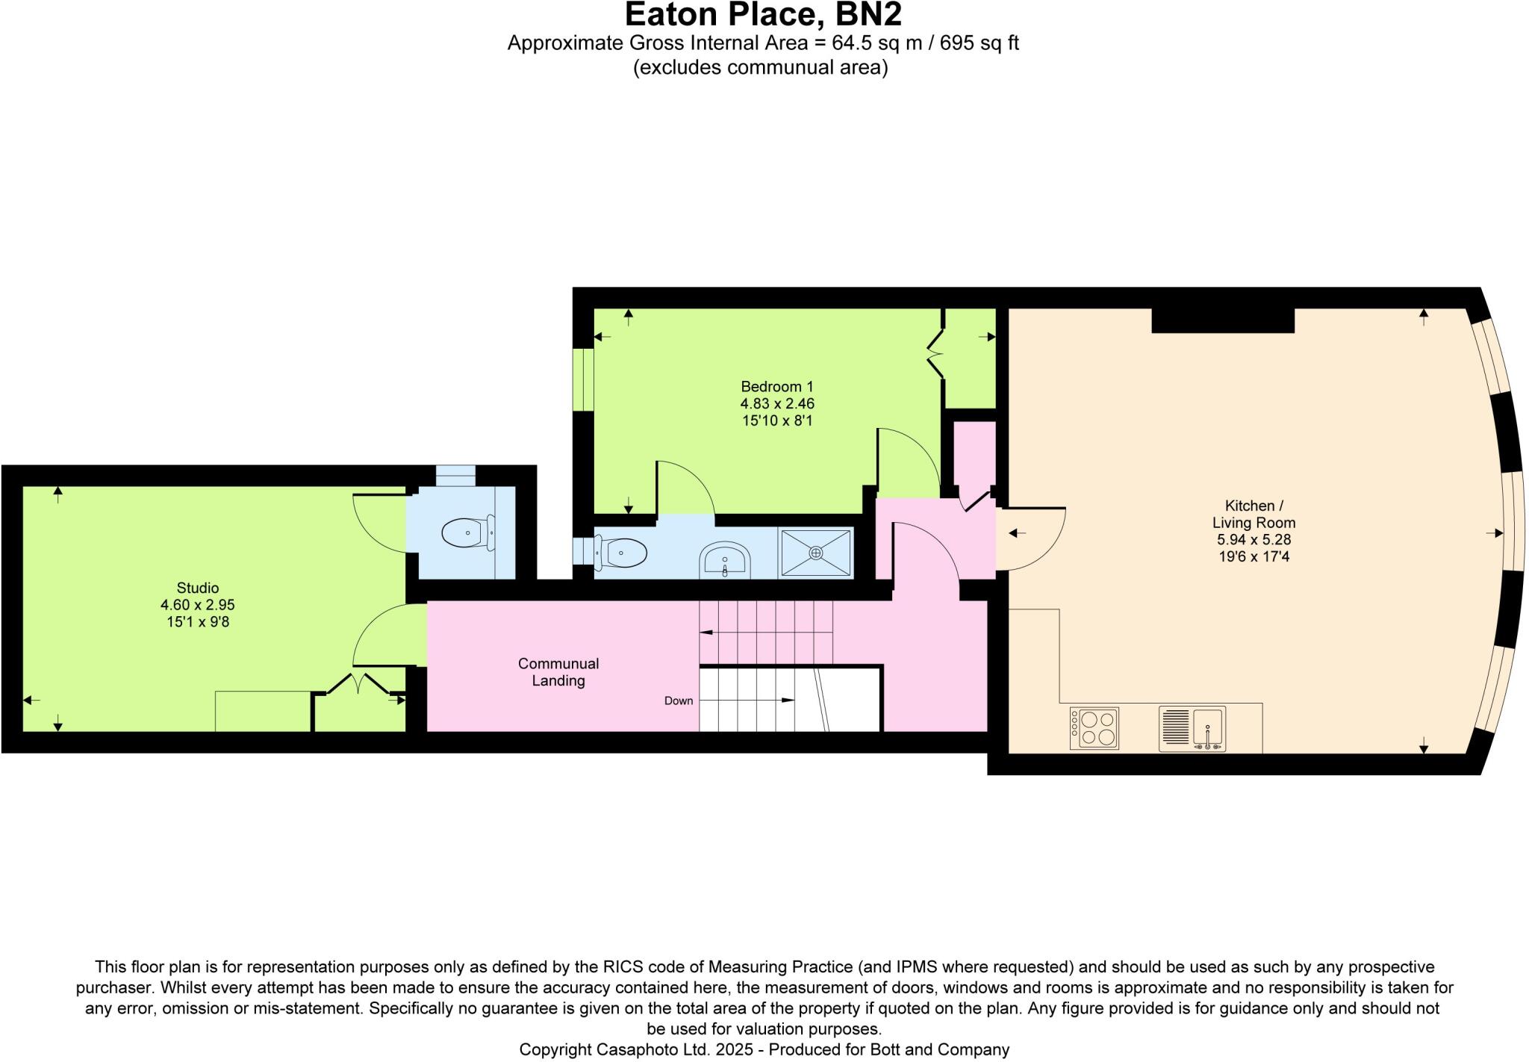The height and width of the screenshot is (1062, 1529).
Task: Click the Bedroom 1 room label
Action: [x=776, y=386]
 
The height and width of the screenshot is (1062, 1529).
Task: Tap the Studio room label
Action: [x=197, y=588]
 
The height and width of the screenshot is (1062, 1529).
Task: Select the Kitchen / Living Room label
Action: [x=1254, y=514]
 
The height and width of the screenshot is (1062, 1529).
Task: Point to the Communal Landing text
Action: [x=558, y=672]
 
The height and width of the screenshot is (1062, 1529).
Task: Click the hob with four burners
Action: [x=1094, y=728]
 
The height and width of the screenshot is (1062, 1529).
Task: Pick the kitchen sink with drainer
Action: [x=1192, y=728]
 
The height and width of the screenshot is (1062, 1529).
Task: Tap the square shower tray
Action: [x=816, y=553]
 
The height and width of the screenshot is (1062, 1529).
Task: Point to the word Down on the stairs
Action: [x=679, y=701]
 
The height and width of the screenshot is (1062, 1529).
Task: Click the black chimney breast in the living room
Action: [x=1222, y=320]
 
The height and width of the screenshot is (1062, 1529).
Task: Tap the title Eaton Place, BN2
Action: [x=763, y=15]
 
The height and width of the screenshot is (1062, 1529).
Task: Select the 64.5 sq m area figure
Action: [x=868, y=43]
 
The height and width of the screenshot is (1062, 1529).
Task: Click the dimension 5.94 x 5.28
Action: [x=1254, y=539]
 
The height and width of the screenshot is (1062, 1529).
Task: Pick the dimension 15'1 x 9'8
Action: [x=197, y=621]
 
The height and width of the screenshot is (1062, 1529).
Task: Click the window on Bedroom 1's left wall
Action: [x=583, y=379]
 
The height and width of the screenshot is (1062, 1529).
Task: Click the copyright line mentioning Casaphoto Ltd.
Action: [x=764, y=1049]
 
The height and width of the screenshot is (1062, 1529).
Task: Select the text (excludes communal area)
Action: [x=760, y=67]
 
